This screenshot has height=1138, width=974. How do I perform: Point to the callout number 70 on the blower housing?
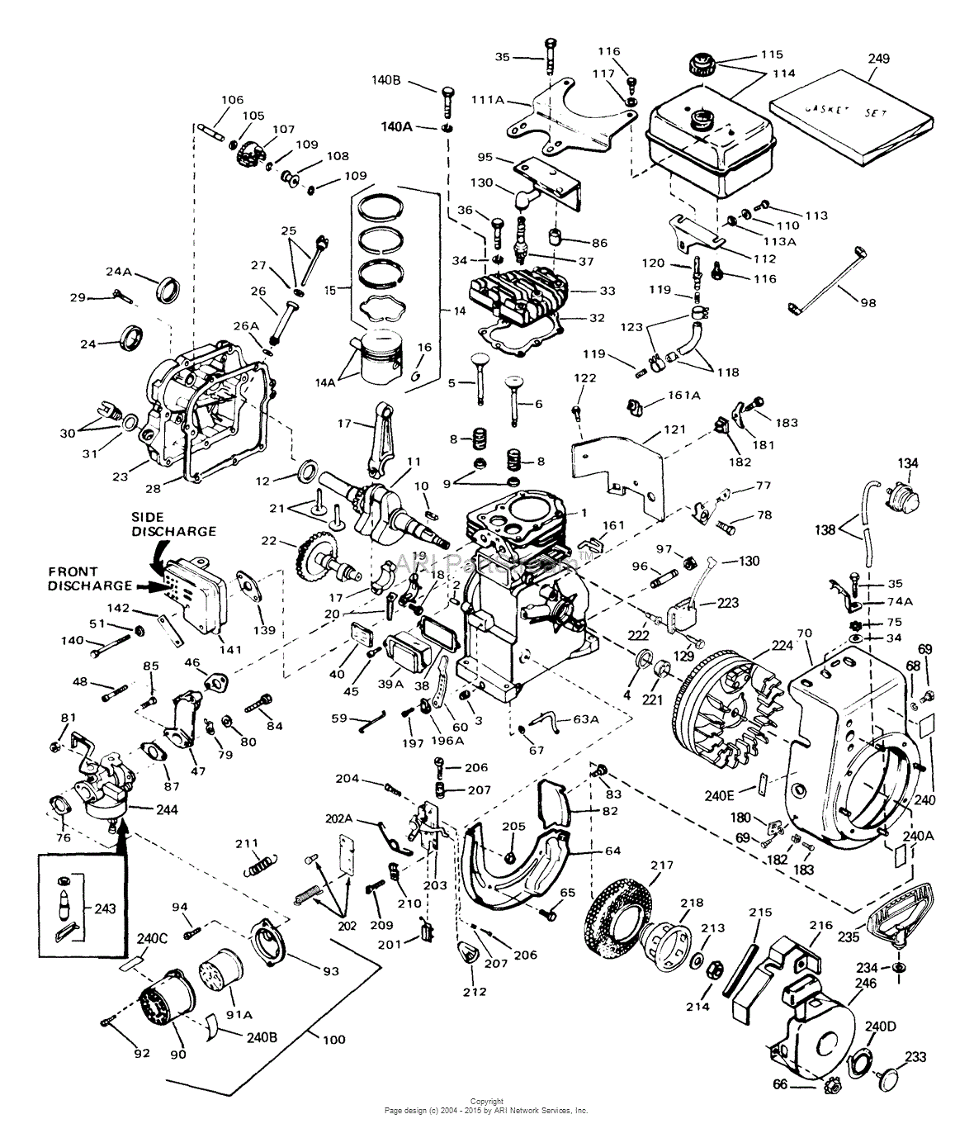coord(805,633)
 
